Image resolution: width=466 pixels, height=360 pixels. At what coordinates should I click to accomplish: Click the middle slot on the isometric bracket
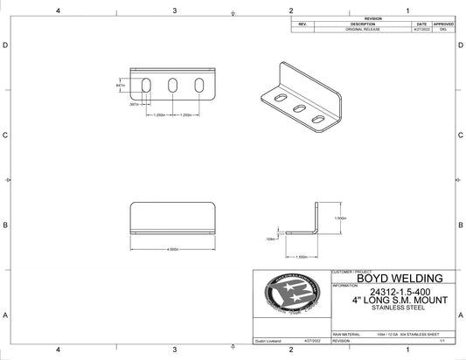coord(300,108)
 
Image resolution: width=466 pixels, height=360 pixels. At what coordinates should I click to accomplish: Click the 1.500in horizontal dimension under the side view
coord(299,257)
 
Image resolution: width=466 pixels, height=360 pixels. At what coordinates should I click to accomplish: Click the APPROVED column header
coord(443,24)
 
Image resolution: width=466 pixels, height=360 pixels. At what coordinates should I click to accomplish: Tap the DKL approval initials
coord(443,30)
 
